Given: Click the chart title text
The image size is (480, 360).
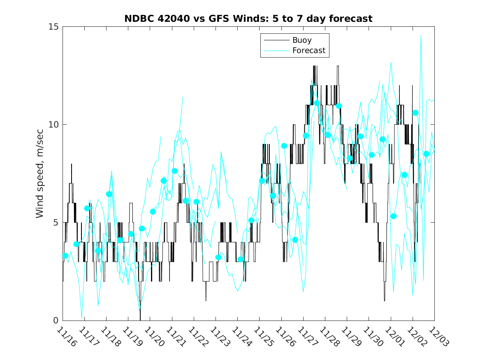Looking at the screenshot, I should tap(248, 19).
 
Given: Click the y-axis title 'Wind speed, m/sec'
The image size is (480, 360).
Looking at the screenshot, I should tap(40, 173).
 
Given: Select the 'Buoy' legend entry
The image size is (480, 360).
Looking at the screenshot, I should tap(302, 40).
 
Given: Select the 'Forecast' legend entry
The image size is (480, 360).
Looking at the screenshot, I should tap(308, 51).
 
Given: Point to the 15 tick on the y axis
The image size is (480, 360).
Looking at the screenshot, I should tap(54, 27).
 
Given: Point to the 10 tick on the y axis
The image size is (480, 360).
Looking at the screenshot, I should tap(54, 125).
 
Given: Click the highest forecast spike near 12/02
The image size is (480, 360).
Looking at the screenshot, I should tap(421, 36).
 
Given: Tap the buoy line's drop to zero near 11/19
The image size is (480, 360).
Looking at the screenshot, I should tap(140, 319).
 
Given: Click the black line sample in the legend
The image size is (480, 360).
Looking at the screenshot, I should tap(276, 40).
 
